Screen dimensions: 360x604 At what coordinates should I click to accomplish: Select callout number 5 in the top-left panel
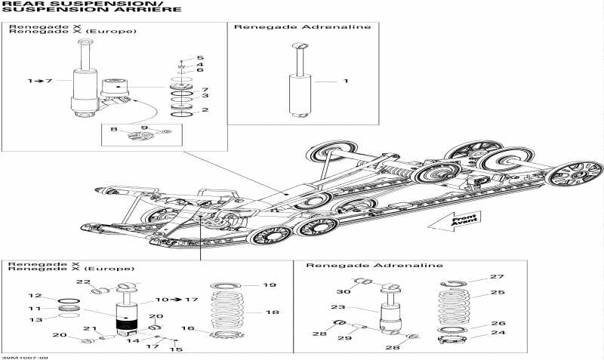200,58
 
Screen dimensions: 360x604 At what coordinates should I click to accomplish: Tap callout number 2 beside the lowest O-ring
205,109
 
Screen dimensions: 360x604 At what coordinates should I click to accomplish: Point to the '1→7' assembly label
39,80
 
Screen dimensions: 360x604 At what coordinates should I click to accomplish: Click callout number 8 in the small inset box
114,130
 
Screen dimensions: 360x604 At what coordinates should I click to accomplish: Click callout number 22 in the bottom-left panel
85,282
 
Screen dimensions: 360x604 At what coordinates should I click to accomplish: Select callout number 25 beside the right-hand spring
498,292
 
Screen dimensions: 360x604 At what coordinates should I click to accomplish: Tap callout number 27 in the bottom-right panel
497,277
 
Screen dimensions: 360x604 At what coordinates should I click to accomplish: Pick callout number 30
344,292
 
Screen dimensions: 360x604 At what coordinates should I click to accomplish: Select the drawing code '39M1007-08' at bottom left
25,356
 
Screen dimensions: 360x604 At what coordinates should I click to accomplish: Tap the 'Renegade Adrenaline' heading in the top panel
302,27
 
